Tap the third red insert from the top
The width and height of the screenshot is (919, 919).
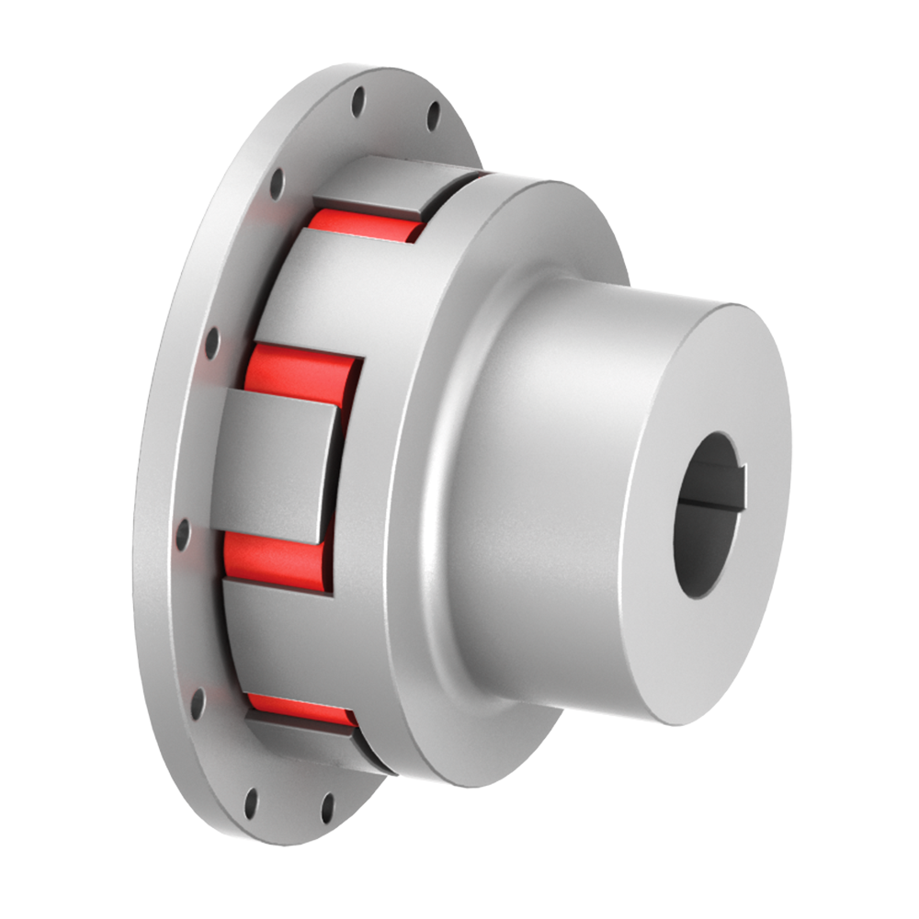point(271,556)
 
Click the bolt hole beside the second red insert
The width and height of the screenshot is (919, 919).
point(212,343)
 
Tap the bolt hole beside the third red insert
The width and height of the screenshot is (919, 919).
point(183,533)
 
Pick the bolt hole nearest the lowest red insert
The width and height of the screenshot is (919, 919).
point(197,703)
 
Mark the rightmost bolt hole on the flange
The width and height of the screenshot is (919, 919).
point(433,115)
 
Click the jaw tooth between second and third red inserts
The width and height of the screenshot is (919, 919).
point(271,464)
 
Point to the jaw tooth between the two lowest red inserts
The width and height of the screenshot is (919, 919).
point(276,634)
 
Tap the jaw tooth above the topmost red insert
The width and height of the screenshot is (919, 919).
point(386,184)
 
